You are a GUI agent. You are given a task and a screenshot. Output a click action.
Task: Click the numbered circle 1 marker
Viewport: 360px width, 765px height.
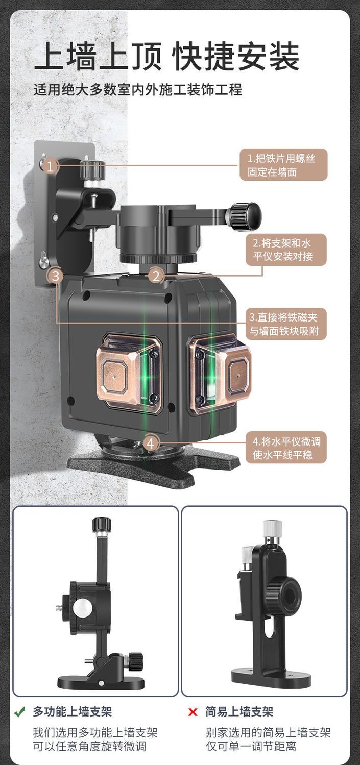click(x=50, y=166)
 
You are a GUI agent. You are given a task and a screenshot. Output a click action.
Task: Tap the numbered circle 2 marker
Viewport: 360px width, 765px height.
click(x=156, y=276)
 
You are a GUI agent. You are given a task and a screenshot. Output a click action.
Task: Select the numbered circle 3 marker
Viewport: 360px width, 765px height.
click(x=56, y=276)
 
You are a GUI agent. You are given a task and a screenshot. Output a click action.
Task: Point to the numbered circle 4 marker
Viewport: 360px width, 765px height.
click(x=150, y=443)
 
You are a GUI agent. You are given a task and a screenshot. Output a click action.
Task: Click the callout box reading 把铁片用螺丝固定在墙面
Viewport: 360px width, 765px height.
click(x=283, y=165)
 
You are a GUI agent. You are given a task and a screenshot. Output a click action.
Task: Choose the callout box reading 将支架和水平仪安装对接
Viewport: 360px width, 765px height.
click(x=286, y=250)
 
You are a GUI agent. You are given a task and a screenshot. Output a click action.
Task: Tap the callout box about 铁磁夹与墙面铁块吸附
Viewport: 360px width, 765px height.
click(x=286, y=324)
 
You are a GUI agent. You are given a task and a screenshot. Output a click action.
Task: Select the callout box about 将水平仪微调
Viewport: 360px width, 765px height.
click(x=286, y=448)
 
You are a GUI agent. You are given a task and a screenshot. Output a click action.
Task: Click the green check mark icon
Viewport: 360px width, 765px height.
click(x=20, y=712)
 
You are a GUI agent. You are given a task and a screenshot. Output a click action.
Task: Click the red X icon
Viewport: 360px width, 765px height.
click(x=193, y=712)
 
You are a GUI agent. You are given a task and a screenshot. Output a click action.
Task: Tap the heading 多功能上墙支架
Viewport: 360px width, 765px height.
click(x=73, y=712)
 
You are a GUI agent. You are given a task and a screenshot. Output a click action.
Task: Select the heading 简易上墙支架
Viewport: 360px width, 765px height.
click(x=239, y=712)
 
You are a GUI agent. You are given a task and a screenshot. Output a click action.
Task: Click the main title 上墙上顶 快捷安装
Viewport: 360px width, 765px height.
click(x=166, y=56)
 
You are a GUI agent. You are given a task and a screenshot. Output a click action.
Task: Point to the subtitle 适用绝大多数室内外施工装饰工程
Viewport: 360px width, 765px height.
click(x=138, y=90)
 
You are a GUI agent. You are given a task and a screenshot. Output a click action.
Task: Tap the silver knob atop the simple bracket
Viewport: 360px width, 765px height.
click(x=272, y=529)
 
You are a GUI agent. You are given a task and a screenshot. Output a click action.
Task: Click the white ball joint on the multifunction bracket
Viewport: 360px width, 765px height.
click(x=82, y=609)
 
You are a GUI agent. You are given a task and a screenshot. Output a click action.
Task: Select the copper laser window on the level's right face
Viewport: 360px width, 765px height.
click(x=220, y=374)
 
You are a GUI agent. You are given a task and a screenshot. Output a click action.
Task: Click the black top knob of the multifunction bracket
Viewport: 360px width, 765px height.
click(x=102, y=525)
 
